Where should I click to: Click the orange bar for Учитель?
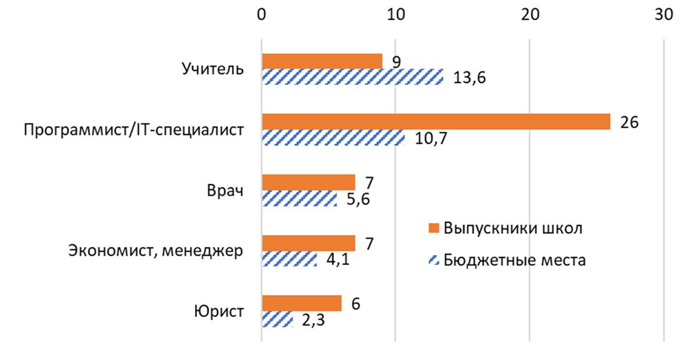pyautogui.click(x=322, y=61)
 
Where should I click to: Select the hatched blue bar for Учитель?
pyautogui.click(x=352, y=77)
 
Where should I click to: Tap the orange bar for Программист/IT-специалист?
pyautogui.click(x=436, y=122)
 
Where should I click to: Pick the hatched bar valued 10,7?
pyautogui.click(x=333, y=137)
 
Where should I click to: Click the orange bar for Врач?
pyautogui.click(x=308, y=182)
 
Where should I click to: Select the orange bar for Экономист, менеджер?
pyautogui.click(x=308, y=243)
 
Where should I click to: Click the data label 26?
pyautogui.click(x=628, y=122)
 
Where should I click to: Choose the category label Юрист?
pyautogui.click(x=219, y=311)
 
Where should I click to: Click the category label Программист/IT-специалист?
pyautogui.click(x=134, y=130)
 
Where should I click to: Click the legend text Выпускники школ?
pyautogui.click(x=513, y=227)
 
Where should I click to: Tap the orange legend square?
pyautogui.click(x=433, y=227)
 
